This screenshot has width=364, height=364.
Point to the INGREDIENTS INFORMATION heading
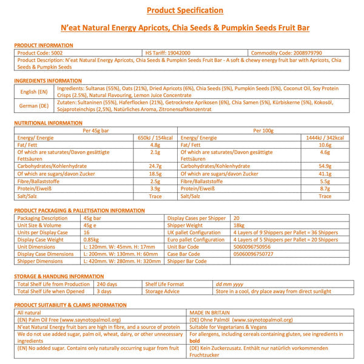click(47, 80)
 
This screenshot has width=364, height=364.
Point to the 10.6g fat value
click(325, 144)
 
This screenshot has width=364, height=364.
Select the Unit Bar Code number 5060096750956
click(254, 247)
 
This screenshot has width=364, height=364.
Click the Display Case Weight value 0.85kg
click(92, 240)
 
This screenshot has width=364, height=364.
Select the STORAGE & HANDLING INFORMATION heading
click(58, 276)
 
